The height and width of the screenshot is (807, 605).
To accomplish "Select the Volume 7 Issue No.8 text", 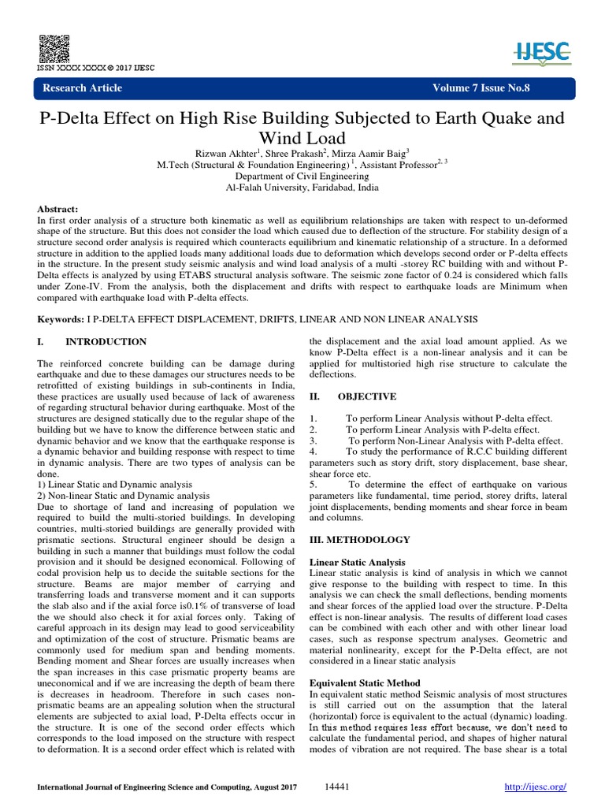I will [x=481, y=87].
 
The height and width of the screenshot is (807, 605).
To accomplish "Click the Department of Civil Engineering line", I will [x=302, y=177].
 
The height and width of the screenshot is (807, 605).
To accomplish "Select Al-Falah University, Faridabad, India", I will [x=302, y=188].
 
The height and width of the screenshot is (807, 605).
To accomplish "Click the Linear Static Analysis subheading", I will [x=357, y=562].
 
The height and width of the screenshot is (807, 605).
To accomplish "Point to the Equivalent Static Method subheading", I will [x=365, y=682].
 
